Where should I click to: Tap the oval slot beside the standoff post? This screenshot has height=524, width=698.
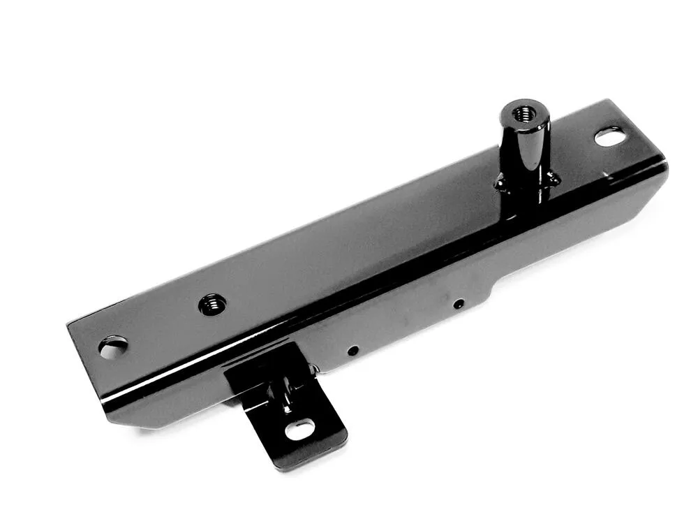[x=609, y=137]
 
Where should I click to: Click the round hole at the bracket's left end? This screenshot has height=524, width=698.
[x=113, y=347]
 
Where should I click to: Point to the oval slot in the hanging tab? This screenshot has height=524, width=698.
[x=300, y=428]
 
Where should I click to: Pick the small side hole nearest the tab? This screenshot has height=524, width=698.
[x=353, y=349]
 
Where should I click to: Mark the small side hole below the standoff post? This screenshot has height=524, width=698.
[x=459, y=303]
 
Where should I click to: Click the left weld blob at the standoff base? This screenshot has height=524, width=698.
[x=500, y=183]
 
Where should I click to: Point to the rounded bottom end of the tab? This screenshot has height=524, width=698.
[x=307, y=458]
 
